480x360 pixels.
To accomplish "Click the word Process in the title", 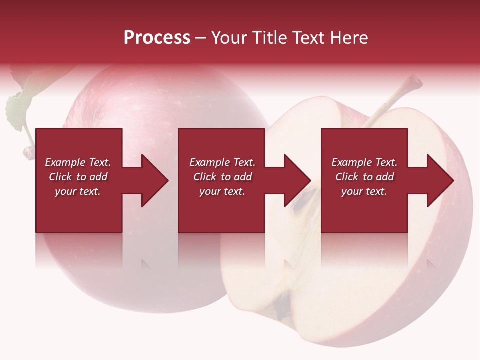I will [x=157, y=38].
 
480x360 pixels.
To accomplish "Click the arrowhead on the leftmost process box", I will [x=153, y=180].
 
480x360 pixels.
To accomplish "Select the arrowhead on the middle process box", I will [x=295, y=180].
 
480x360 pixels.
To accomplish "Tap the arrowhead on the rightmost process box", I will [x=438, y=180].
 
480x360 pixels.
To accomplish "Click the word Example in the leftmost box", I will [x=65, y=162].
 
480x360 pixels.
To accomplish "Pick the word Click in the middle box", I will [x=204, y=177].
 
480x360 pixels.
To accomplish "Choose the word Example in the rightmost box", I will [x=352, y=162].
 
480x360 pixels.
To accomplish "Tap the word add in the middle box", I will [x=242, y=177].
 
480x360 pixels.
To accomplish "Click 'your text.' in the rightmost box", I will [x=364, y=191].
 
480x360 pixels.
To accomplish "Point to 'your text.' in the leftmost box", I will [x=78, y=191].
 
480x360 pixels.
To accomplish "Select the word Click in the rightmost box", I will [x=346, y=177].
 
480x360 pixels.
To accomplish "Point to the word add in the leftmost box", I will [x=98, y=177].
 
